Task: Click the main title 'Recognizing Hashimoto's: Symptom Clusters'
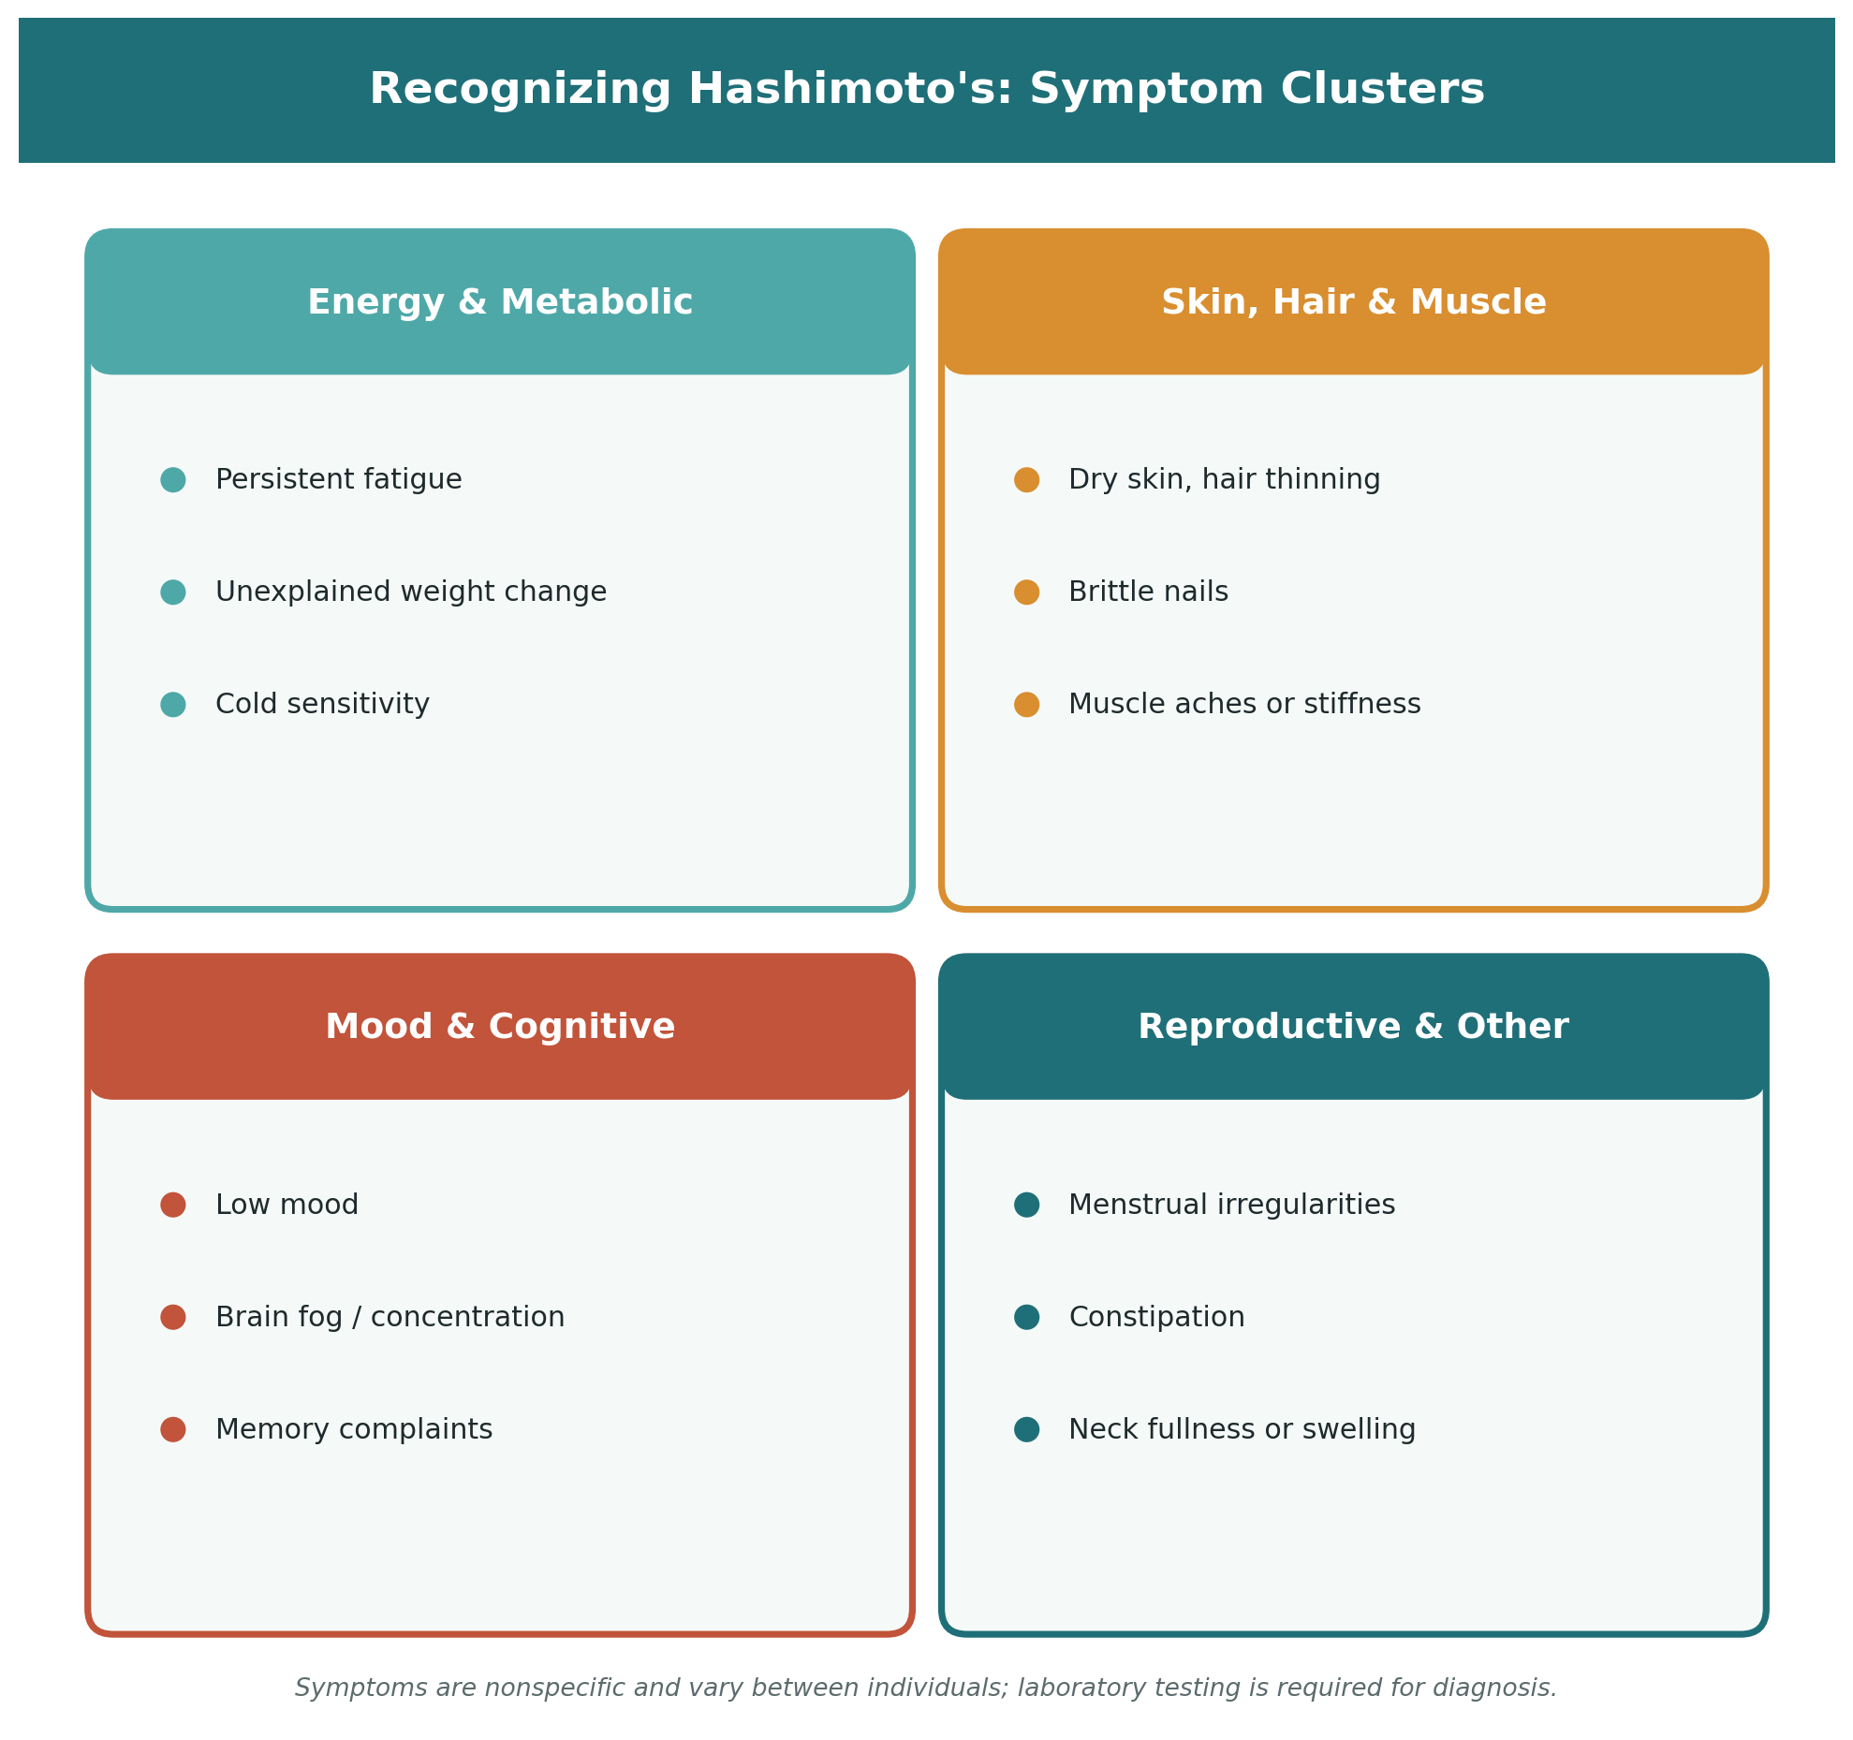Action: point(926,90)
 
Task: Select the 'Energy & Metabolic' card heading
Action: point(500,302)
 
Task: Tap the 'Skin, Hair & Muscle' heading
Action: point(1353,302)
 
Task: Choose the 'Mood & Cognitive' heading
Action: point(500,1027)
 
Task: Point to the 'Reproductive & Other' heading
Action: point(1353,1027)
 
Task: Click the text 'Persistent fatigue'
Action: point(339,480)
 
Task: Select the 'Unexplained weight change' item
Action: point(411,592)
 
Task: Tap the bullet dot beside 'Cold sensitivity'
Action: point(173,705)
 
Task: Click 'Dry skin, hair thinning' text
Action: point(1225,480)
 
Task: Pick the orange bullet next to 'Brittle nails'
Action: point(1027,592)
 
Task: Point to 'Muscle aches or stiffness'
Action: point(1244,705)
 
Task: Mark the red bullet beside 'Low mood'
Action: point(173,1205)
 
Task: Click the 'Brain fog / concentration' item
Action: point(390,1317)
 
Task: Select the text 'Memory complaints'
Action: point(354,1429)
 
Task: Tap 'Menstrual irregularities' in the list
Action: point(1232,1205)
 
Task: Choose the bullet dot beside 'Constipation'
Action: point(1027,1317)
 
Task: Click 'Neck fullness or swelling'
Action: point(1243,1429)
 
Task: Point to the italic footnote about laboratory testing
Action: point(926,1688)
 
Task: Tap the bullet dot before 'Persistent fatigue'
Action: point(173,480)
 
